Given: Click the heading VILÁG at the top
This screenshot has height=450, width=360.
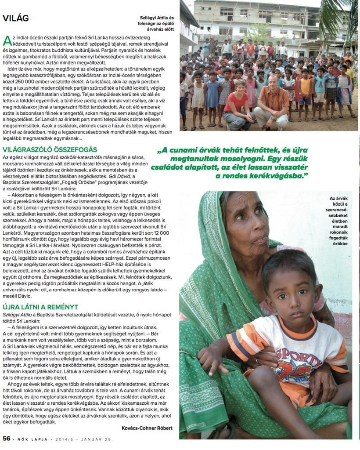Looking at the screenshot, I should click(x=16, y=18).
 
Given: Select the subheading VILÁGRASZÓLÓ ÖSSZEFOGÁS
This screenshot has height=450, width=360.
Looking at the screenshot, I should click(x=50, y=149).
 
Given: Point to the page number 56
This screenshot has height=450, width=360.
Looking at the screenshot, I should click(x=7, y=438).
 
